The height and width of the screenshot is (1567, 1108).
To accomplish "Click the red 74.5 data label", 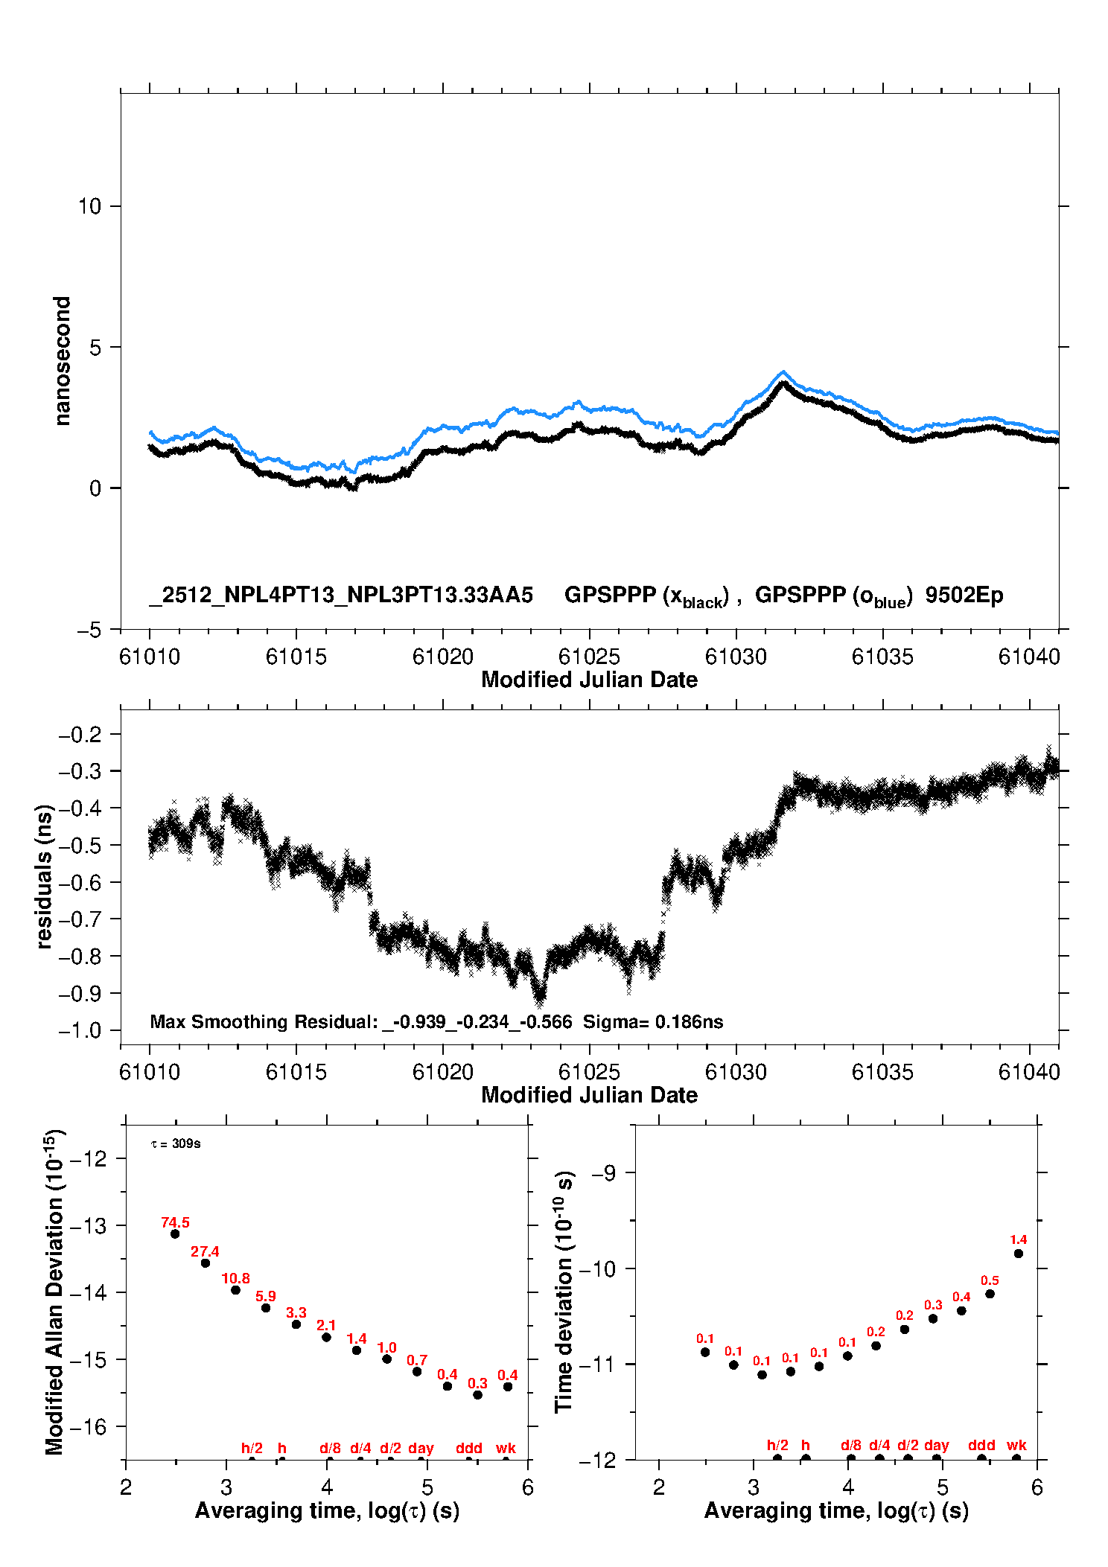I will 175,1222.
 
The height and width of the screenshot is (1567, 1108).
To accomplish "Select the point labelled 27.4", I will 206,1263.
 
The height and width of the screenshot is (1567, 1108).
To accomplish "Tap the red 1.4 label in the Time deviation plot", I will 1018,1239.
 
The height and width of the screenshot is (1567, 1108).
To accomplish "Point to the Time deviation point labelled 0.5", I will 990,1294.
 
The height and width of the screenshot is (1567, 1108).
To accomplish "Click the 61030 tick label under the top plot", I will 736,657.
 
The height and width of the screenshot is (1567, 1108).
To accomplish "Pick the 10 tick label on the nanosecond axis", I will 89,206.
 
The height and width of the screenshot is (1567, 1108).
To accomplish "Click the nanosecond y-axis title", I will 62,360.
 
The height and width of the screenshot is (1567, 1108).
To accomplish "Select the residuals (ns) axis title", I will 44,876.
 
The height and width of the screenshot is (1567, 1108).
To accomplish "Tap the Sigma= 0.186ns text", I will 652,1021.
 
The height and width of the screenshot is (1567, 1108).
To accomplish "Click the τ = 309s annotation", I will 176,1143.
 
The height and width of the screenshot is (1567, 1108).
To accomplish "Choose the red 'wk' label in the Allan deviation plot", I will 506,1448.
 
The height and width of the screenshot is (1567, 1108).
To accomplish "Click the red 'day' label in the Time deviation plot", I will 936,1445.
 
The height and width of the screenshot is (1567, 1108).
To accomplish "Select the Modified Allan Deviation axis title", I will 54,1292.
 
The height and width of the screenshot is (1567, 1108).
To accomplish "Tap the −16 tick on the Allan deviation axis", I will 87,1426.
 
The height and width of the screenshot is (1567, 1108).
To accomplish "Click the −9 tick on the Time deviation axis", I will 603,1173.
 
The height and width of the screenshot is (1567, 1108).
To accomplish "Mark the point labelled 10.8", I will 235,1290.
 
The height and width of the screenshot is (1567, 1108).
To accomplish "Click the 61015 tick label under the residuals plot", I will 296,1072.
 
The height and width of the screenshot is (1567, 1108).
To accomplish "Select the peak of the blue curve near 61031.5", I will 783,371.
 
